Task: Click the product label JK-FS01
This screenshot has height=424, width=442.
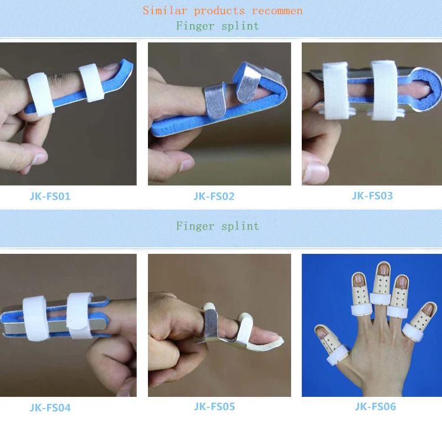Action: (50, 196)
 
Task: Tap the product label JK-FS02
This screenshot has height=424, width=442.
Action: (213, 196)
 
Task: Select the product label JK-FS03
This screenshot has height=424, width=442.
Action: (372, 196)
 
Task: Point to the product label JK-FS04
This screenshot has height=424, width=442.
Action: (50, 407)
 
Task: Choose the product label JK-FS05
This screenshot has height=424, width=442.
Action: (214, 406)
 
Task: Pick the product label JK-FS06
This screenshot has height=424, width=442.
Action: (375, 406)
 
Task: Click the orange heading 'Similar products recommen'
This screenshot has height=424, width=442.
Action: (222, 10)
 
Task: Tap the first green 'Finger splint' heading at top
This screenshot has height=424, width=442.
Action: (217, 25)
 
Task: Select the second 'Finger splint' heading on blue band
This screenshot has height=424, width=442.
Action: (217, 226)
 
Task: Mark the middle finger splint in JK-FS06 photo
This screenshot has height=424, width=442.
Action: (381, 286)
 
